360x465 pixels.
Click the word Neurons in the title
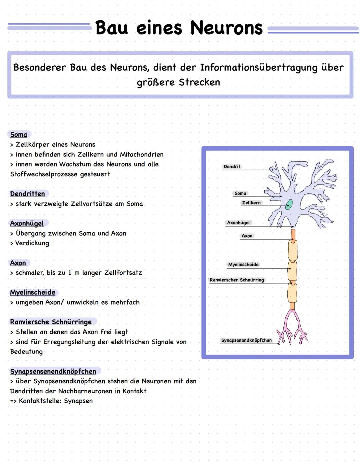[226, 28]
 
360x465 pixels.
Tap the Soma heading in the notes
[19, 134]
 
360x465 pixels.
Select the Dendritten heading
[27, 194]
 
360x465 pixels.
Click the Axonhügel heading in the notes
[27, 223]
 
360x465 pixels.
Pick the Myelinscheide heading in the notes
[33, 293]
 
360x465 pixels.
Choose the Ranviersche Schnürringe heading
[51, 322]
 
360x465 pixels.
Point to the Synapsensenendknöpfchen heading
[53, 371]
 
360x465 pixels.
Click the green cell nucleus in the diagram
[289, 204]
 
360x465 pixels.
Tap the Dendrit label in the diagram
[232, 166]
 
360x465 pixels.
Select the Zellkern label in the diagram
[251, 202]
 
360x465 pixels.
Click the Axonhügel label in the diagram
[238, 222]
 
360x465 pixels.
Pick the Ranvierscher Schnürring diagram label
[237, 280]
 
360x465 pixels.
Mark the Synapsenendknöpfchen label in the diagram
[246, 340]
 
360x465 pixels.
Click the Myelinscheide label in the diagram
[243, 265]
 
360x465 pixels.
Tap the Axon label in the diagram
[247, 236]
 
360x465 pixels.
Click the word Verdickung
[32, 243]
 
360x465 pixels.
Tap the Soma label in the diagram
[240, 193]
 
